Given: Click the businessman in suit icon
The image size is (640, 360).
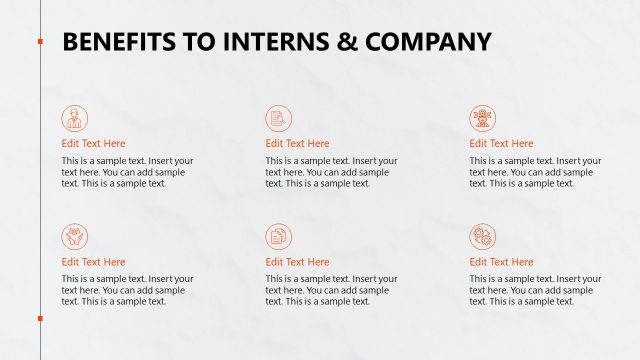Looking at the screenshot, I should (74, 118).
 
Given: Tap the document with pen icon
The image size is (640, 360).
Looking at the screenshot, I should (278, 118).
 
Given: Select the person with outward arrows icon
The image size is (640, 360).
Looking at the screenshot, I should (483, 118).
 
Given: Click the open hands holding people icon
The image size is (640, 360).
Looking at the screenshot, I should (74, 237).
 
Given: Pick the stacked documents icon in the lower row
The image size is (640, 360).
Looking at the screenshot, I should (278, 237).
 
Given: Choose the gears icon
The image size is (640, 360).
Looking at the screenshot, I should (483, 237).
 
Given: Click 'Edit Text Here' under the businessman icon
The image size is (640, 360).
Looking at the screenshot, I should (93, 144).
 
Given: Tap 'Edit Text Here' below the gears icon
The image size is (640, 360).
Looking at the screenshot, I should (501, 262).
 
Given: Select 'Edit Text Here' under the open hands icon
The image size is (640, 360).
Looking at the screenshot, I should (93, 262).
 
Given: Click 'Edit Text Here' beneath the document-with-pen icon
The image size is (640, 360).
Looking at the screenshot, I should (297, 144).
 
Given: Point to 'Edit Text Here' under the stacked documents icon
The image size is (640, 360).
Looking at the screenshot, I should (297, 262).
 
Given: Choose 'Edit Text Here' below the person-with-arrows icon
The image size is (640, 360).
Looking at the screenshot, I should (501, 144).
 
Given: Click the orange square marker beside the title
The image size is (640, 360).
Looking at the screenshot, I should (40, 41).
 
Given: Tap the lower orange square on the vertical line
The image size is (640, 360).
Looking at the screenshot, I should (40, 319).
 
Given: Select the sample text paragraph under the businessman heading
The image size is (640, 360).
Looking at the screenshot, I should (127, 172).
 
